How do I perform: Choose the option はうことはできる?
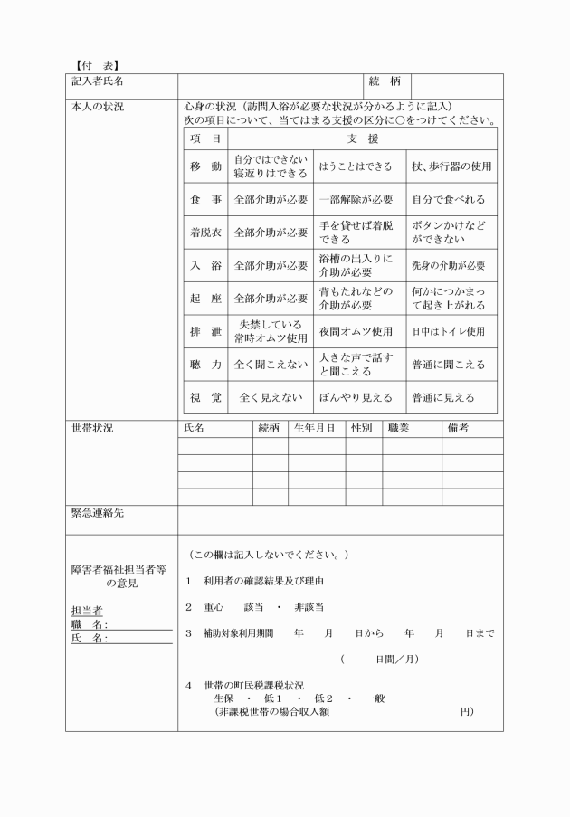[356, 166]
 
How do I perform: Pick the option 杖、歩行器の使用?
[451, 166]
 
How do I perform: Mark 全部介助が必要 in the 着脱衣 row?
[271, 233]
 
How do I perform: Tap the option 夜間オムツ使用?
[356, 331]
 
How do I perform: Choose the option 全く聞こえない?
[271, 365]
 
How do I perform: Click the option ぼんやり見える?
[356, 397]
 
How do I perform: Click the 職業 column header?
[399, 428]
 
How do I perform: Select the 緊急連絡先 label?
[98, 512]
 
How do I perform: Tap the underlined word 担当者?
[87, 611]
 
